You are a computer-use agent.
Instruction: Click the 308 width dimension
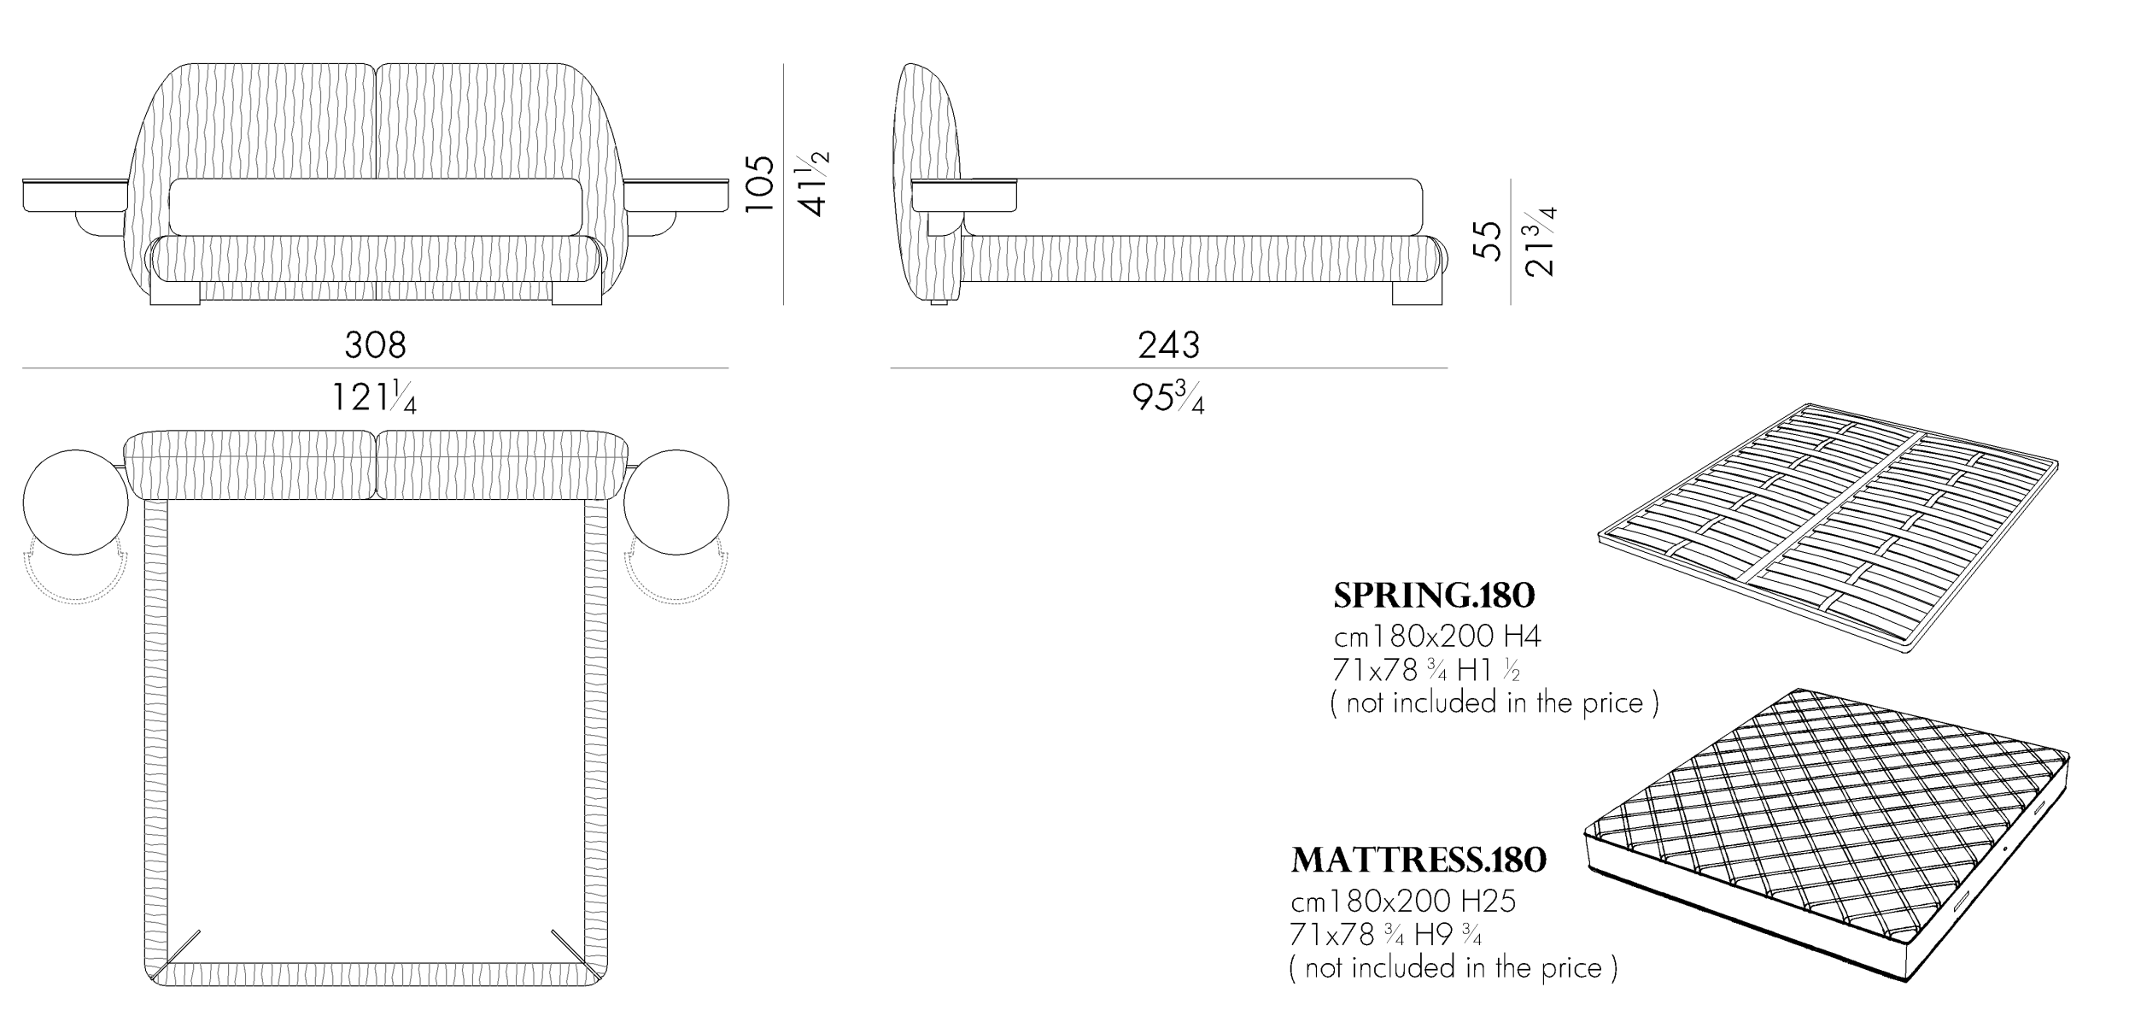pyautogui.click(x=375, y=345)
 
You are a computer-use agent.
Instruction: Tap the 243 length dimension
pyautogui.click(x=1168, y=345)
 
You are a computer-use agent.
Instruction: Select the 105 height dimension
pyautogui.click(x=759, y=184)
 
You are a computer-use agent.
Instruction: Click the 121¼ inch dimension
pyautogui.click(x=374, y=397)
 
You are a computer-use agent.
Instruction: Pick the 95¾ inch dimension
pyautogui.click(x=1168, y=397)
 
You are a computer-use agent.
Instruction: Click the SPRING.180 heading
pyautogui.click(x=1434, y=596)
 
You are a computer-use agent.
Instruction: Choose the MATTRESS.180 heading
pyautogui.click(x=1418, y=861)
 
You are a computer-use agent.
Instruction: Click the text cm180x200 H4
pyautogui.click(x=1437, y=637)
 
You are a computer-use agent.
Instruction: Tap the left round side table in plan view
pyautogui.click(x=75, y=502)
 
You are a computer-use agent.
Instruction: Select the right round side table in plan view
pyautogui.click(x=676, y=502)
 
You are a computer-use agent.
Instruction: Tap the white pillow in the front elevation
pyautogui.click(x=376, y=207)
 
